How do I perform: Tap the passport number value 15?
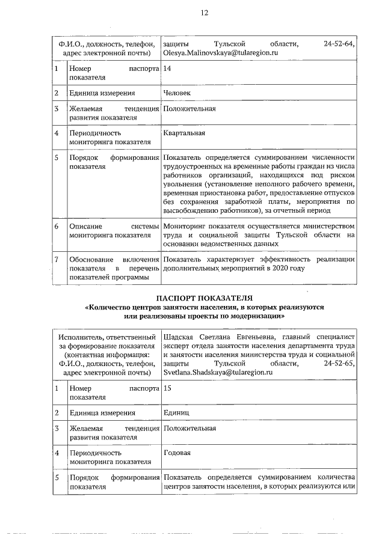click(167, 389)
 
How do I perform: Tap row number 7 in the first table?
click(56, 259)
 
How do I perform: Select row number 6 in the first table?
click(56, 227)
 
